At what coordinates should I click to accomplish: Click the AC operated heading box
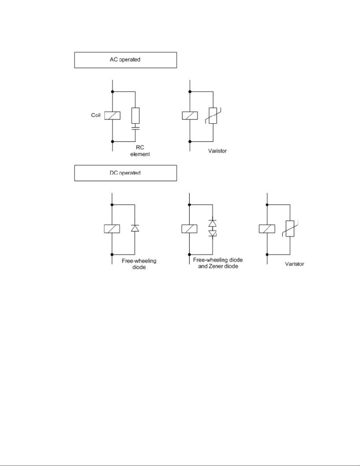point(125,60)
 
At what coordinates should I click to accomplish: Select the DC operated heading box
point(125,173)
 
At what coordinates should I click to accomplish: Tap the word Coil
point(96,115)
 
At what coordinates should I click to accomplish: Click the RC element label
point(140,151)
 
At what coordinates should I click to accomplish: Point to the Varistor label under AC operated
point(218,151)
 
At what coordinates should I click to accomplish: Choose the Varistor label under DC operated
point(294,264)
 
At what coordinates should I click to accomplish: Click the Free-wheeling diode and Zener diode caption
point(218,263)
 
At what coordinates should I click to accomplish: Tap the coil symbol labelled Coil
point(112,115)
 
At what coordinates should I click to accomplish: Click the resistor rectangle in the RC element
point(135,115)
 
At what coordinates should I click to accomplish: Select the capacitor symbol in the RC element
point(135,128)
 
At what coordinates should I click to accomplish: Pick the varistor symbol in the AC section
point(213,116)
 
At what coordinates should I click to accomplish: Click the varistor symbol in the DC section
point(290,228)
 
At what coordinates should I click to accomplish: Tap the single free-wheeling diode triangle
point(135,228)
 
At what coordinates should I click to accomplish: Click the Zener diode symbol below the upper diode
point(212,233)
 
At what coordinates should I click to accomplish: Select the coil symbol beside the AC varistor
point(190,115)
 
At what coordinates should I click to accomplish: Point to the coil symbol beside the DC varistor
point(267,228)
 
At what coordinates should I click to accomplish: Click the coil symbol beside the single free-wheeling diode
point(112,228)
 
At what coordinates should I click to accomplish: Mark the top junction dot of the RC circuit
point(112,92)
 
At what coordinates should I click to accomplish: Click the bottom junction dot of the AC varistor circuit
point(190,141)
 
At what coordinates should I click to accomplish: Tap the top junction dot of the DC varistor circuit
point(267,205)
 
